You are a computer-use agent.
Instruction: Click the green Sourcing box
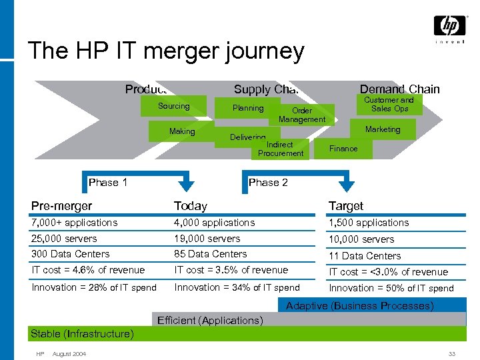tap(173, 107)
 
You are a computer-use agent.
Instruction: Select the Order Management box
tap(302, 115)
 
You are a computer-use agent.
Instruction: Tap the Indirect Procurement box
tap(280, 149)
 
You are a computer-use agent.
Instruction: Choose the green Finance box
tap(343, 149)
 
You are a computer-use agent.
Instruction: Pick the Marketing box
tap(383, 129)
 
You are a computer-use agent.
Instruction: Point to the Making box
tap(182, 132)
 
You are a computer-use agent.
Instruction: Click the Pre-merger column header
tap(61, 206)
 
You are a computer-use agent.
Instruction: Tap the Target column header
tap(345, 206)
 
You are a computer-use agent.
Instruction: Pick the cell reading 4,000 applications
tap(214, 223)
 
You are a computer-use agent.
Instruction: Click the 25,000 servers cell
tap(64, 239)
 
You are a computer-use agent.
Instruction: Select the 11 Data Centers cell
tap(365, 256)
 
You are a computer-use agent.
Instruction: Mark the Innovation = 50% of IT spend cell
tap(391, 288)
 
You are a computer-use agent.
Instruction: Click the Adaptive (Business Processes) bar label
tap(359, 306)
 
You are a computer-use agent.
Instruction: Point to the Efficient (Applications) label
tap(210, 321)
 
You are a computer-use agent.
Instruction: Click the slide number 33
tap(452, 353)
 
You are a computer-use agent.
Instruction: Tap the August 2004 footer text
tap(69, 353)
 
